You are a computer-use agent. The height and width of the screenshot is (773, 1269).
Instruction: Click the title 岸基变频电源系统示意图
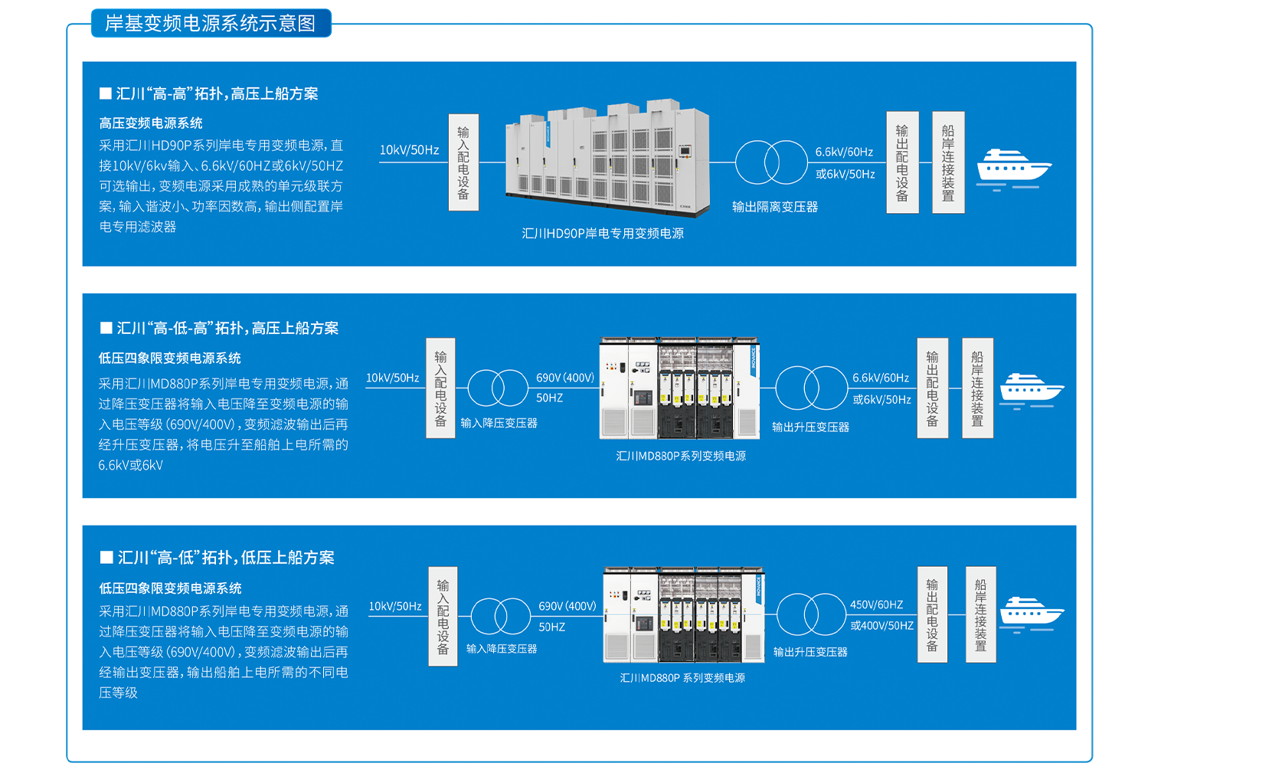211,23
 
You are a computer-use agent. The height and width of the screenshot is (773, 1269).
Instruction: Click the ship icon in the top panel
1013,168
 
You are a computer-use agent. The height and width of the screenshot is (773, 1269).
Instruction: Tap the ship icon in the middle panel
1031,390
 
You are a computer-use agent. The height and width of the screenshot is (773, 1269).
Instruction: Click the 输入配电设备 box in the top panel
463,162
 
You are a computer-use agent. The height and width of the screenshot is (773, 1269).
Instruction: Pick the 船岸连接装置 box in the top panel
948,162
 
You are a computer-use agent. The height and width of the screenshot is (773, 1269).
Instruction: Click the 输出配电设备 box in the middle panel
932,388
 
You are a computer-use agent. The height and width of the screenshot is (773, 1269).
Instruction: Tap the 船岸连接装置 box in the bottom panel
980,614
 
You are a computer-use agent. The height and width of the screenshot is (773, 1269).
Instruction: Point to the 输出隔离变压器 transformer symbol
771,162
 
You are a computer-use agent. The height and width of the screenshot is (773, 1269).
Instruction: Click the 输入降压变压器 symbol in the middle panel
498,388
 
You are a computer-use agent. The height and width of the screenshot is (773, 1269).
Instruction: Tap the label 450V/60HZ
876,604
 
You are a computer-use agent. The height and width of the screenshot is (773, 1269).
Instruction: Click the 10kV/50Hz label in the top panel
409,150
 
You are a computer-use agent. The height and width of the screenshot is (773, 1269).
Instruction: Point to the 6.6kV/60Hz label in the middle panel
881,378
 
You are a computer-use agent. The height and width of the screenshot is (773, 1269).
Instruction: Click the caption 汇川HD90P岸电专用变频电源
603,234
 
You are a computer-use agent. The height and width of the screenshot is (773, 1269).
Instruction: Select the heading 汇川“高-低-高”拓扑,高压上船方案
227,329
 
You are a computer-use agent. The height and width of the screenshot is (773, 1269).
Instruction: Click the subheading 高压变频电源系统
151,123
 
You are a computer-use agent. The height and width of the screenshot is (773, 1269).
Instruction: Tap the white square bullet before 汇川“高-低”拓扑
106,558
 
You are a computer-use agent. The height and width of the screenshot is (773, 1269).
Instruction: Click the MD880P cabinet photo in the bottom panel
683,615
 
